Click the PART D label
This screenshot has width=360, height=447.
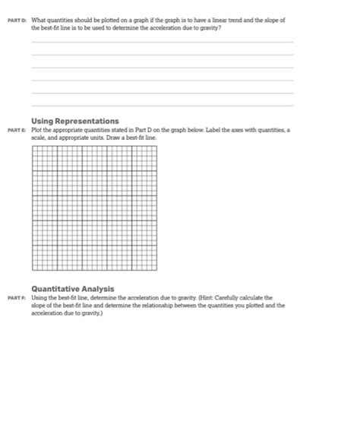[x=18, y=19]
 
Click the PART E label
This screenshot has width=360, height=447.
[x=18, y=131]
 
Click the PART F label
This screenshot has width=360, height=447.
[x=18, y=299]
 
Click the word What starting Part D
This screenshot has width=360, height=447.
[x=39, y=19]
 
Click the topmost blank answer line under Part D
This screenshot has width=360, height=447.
[x=162, y=43]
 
